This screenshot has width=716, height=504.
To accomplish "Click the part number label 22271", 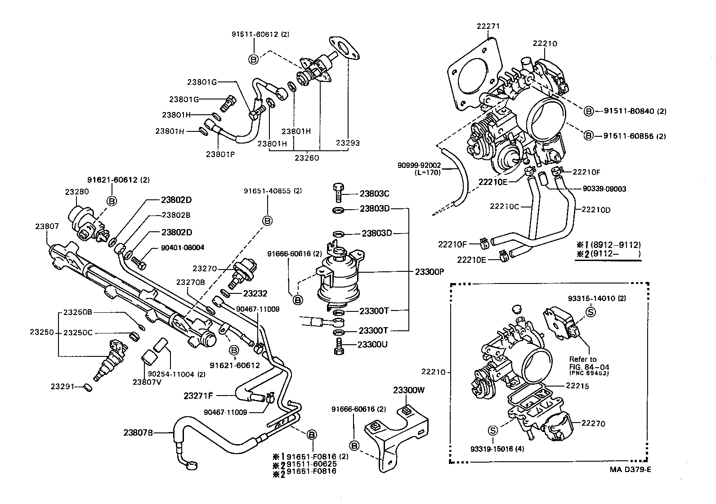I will point(488,27).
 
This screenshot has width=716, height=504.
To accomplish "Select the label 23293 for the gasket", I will point(348,143).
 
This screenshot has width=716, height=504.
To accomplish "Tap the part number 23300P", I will point(429,272).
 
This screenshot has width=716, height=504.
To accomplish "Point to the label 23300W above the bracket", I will point(408,390).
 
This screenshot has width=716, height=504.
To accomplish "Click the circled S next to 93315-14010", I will point(591,312).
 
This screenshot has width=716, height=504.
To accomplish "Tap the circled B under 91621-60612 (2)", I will point(112,201).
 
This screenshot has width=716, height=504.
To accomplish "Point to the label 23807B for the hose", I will point(139,433).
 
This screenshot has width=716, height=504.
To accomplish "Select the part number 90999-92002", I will point(419,165).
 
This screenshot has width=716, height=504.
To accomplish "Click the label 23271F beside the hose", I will point(198,396).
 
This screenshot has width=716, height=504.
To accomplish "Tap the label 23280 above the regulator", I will point(76,191).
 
